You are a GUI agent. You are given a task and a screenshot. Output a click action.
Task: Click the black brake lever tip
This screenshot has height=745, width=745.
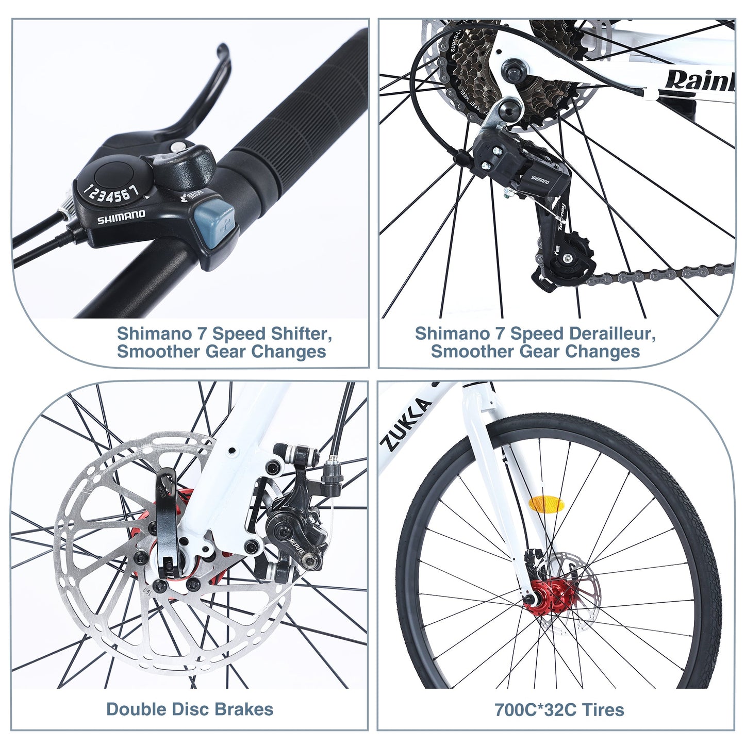(223, 51)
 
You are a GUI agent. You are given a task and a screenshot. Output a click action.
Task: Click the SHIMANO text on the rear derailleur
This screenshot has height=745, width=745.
(540, 179)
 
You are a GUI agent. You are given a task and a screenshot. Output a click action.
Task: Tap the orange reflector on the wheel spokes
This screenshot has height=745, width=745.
(547, 505)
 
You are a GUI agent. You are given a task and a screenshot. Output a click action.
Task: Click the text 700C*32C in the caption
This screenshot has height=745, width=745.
(535, 710)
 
